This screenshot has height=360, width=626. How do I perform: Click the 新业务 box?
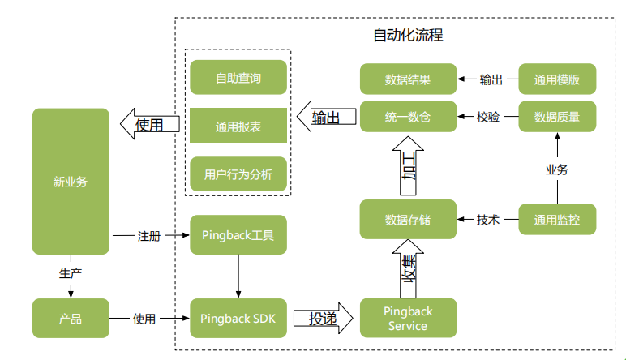tap(71, 182)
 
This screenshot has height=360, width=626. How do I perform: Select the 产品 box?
tap(71, 319)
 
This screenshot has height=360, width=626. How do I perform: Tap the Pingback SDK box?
tap(238, 319)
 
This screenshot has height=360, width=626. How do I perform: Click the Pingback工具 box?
tap(238, 236)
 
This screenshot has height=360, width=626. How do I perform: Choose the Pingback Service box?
tap(408, 319)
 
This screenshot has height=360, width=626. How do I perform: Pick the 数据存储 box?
tap(408, 220)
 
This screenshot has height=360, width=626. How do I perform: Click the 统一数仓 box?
tap(408, 118)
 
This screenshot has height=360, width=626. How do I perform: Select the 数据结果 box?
tap(408, 79)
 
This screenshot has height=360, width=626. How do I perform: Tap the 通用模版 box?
tap(557, 79)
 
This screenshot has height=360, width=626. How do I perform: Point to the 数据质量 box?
tap(557, 118)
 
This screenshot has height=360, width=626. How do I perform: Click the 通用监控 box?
tap(557, 220)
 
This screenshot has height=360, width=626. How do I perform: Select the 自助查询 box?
tap(238, 78)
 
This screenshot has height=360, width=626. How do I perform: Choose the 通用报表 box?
tap(238, 126)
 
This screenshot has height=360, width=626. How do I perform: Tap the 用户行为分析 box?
tap(238, 174)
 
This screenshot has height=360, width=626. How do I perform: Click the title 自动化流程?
tap(408, 36)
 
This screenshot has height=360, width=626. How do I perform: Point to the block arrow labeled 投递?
tap(324, 319)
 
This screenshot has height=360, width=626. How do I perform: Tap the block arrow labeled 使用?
tap(150, 125)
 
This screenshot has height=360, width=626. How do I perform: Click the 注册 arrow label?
tap(149, 236)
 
